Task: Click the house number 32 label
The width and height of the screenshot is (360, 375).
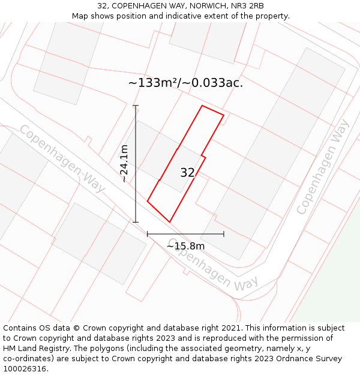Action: (187, 173)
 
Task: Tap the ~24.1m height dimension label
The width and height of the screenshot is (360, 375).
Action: (124, 163)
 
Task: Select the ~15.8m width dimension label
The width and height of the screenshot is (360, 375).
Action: (185, 246)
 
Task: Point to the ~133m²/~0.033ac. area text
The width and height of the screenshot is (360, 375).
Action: (185, 83)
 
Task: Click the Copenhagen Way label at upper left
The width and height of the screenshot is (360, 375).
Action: (62, 158)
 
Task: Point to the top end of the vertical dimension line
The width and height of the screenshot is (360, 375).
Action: (136, 106)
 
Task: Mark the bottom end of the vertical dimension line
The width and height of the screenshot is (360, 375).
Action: (136, 223)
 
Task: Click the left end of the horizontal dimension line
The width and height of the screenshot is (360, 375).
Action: (148, 234)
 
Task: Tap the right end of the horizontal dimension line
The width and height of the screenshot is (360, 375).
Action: (224, 234)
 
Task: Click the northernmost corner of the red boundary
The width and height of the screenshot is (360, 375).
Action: (202, 106)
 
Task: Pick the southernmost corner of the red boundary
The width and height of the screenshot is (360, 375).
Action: (170, 223)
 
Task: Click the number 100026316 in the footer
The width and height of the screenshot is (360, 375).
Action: (24, 369)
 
